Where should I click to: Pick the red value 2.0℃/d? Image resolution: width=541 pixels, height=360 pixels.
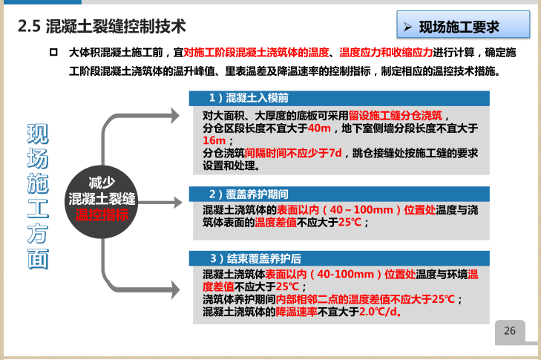click(x=376, y=311)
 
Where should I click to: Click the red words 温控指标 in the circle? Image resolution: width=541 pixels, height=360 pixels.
click(x=102, y=215)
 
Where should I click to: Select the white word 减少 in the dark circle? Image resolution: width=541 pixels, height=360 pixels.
click(x=102, y=182)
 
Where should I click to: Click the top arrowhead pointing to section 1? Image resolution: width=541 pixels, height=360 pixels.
click(x=174, y=115)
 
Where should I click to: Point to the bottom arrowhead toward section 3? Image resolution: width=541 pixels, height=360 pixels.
click(x=174, y=283)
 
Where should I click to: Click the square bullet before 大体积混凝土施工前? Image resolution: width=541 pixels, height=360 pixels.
click(x=53, y=53)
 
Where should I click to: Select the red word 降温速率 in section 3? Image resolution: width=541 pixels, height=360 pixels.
click(x=297, y=311)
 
